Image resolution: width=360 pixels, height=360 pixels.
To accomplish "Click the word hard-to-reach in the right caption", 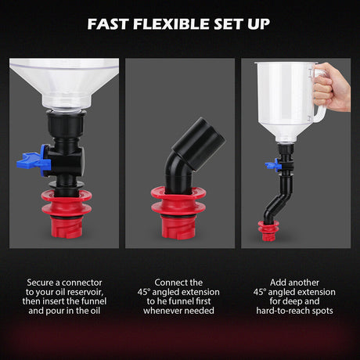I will tap(286, 311).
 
